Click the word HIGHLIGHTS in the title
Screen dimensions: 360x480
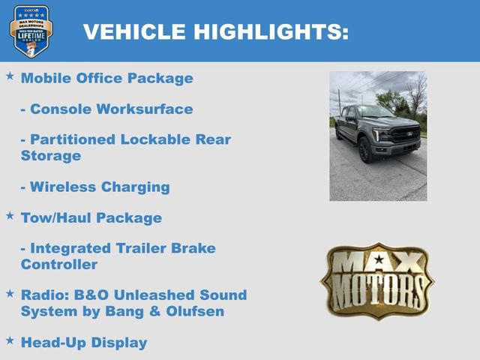click(271, 31)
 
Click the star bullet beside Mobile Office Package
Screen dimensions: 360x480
click(10, 76)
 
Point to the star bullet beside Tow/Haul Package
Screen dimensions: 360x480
click(10, 216)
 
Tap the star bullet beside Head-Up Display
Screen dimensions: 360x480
click(10, 340)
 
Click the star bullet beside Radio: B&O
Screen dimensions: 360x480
click(10, 293)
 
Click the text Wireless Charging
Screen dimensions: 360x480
click(95, 187)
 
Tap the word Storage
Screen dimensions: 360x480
click(50, 156)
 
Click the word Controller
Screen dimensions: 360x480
click(59, 265)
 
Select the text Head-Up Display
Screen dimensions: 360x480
click(84, 343)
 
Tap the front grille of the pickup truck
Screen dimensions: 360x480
click(405, 136)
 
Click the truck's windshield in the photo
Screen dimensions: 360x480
click(375, 112)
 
